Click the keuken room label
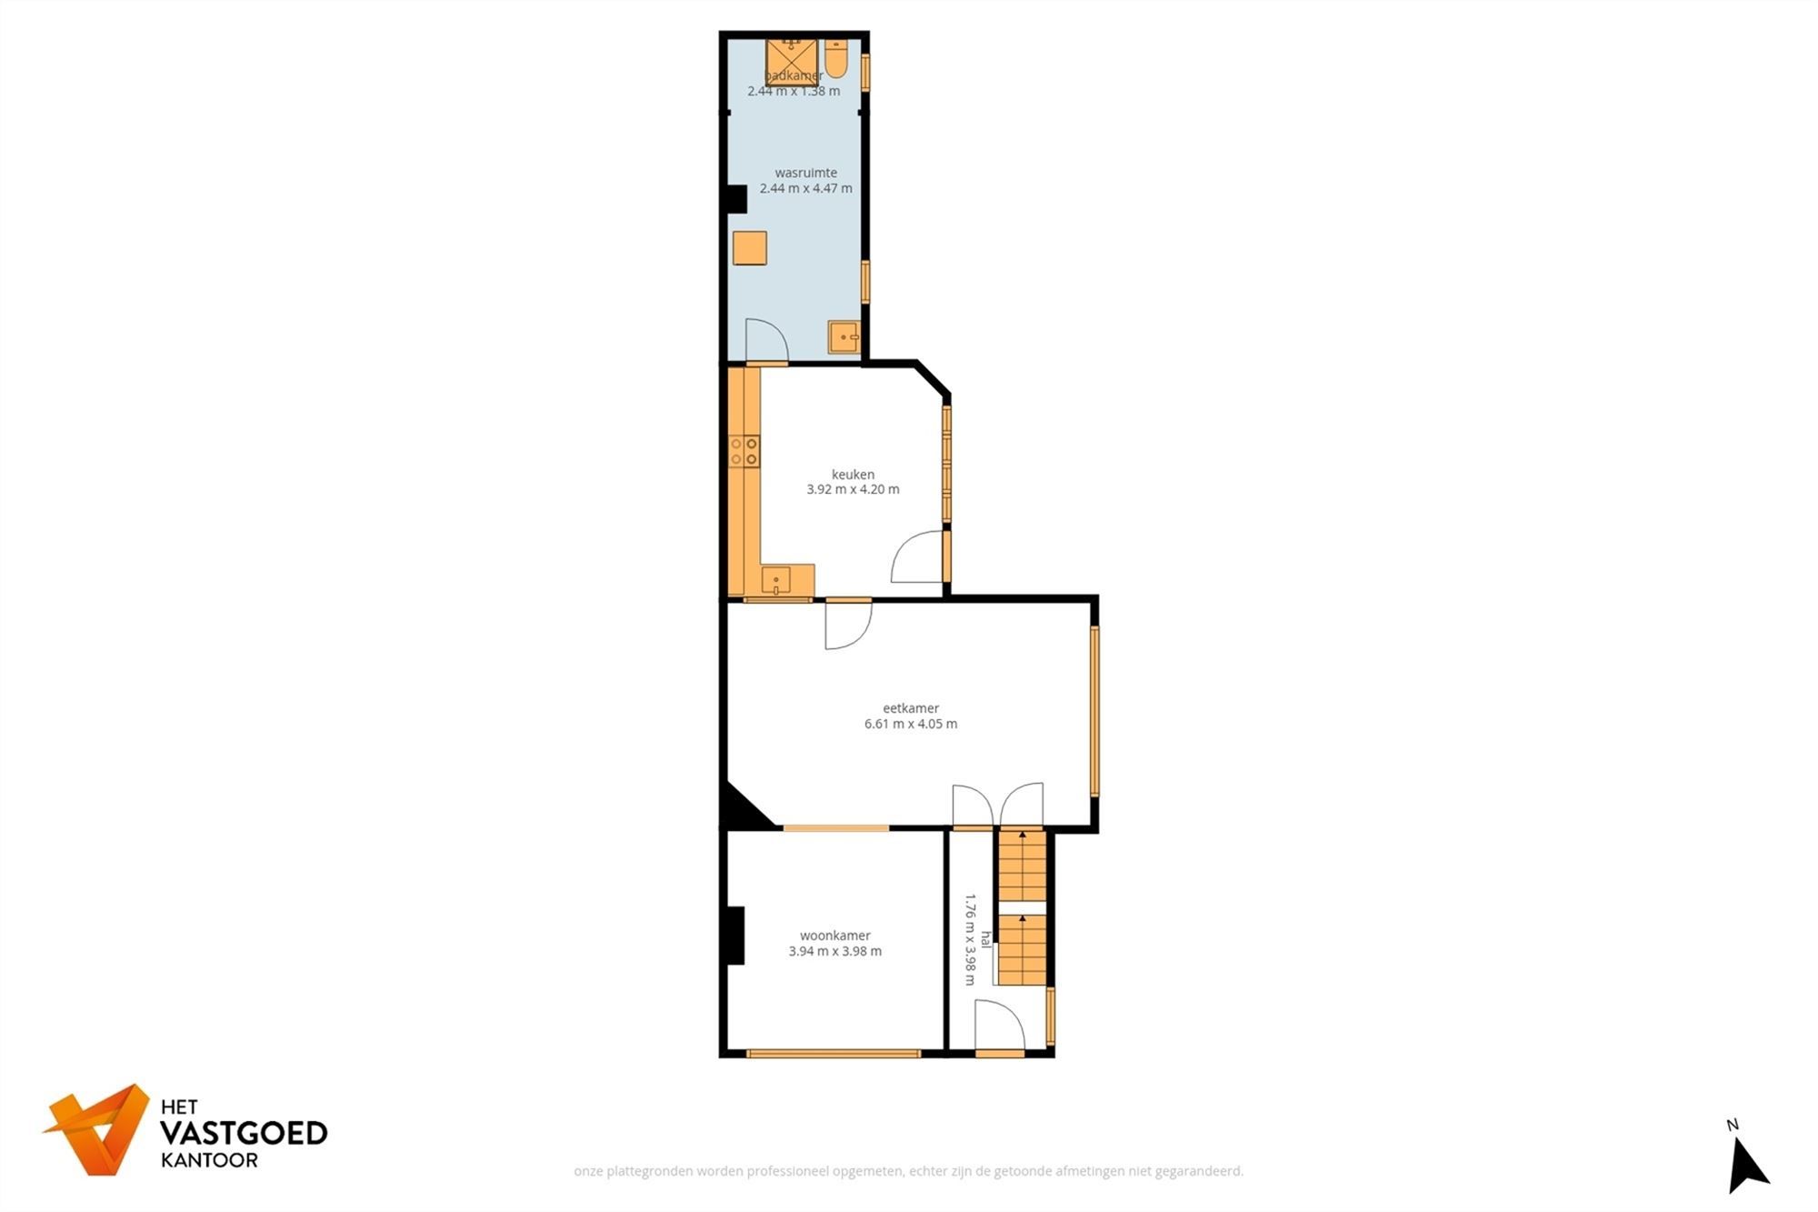point(853,474)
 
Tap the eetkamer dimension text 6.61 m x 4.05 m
point(910,724)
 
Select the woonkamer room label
point(834,935)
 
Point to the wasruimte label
point(805,173)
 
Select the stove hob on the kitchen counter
point(744,451)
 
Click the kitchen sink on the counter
point(775,579)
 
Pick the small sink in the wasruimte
point(843,336)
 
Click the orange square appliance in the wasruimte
point(750,247)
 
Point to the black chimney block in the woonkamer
point(734,935)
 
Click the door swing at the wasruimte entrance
point(764,340)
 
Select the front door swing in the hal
point(999,1026)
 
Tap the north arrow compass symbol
point(1746,1166)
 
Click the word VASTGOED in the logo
point(243,1133)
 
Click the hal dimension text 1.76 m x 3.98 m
point(970,939)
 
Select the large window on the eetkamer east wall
point(1094,711)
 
